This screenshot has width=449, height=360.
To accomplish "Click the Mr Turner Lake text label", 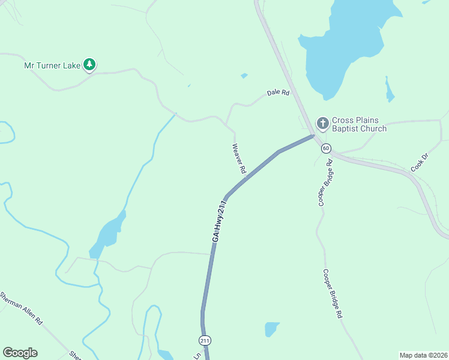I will point(52,65).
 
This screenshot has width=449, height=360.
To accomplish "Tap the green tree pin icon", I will point(89,64).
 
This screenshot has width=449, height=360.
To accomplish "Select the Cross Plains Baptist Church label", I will point(359,124).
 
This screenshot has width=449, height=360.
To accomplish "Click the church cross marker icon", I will point(322,124).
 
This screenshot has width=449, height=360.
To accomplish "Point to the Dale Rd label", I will point(279,94).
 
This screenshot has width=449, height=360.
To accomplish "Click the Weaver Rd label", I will point(239,158).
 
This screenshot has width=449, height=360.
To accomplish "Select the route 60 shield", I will point(326,148).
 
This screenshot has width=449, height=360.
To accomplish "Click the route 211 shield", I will point(205,340).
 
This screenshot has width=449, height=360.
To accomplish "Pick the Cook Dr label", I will point(420,163).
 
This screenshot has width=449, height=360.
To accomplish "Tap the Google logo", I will point(20,353).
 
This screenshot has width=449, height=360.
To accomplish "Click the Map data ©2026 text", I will point(423,355).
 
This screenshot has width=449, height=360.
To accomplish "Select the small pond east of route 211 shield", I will point(271,329).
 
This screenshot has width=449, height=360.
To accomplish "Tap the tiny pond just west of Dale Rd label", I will point(244,76).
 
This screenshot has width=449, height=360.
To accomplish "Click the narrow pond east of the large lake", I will point(389,90).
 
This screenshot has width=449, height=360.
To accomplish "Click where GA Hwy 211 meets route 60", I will point(314,136).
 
